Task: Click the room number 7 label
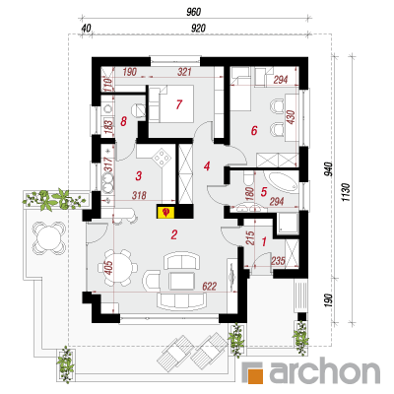pyautogui.click(x=178, y=104)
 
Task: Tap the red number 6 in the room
pyautogui.click(x=254, y=131)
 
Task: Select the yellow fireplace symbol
pyautogui.click(x=167, y=212)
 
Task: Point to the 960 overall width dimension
pyautogui.click(x=193, y=12)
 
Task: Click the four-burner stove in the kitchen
pyautogui.click(x=162, y=158)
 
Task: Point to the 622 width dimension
pyautogui.click(x=209, y=287)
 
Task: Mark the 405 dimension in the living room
pyautogui.click(x=109, y=268)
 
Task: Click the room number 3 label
pyautogui.click(x=139, y=175)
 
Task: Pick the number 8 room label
pyautogui.click(x=123, y=122)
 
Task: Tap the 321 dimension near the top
pyautogui.click(x=184, y=72)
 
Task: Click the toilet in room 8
pyautogui.click(x=138, y=109)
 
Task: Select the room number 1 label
pyautogui.click(x=264, y=242)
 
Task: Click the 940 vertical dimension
pyautogui.click(x=329, y=169)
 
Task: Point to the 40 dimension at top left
pyautogui.click(x=86, y=29)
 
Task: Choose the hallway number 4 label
pyautogui.click(x=207, y=166)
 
